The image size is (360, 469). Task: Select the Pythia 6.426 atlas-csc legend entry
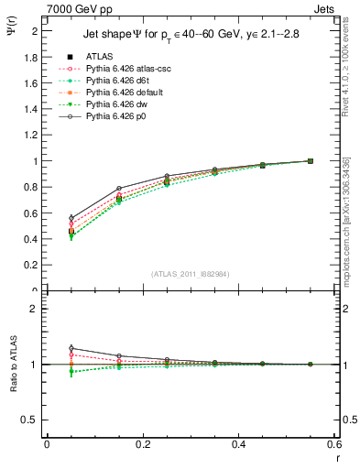[x=122, y=70]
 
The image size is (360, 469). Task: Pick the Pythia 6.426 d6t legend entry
[x=114, y=82]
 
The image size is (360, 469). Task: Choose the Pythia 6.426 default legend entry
[x=120, y=93]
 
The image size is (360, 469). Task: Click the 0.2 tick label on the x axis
[x=143, y=444]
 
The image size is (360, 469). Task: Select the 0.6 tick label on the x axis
[x=334, y=444]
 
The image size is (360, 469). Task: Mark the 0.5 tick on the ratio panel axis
[x=34, y=420]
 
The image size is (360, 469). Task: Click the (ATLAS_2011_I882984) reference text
[x=190, y=274]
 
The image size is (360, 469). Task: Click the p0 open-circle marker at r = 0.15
[x=119, y=189]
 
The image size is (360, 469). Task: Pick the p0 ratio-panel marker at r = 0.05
[x=71, y=348]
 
